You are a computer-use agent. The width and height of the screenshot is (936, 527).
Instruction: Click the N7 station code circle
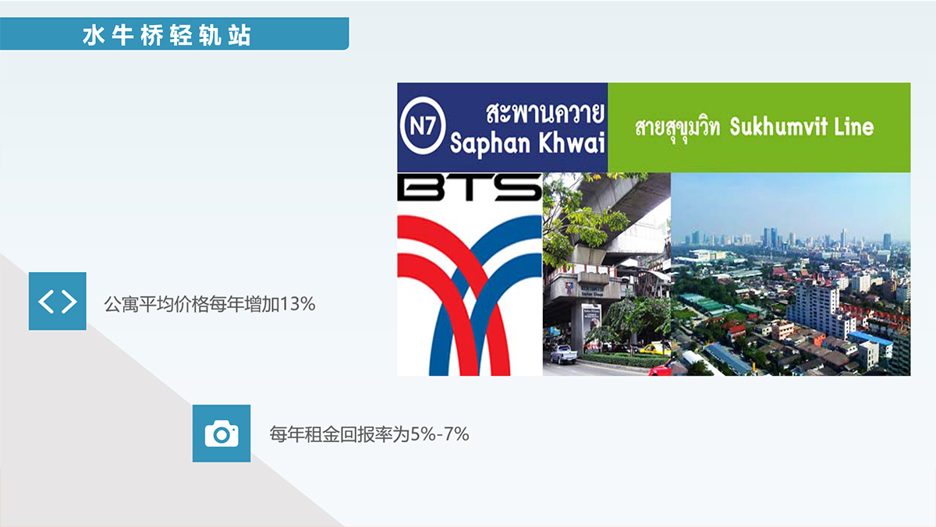click(x=423, y=126)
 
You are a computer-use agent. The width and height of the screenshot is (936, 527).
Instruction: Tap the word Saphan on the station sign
click(x=490, y=143)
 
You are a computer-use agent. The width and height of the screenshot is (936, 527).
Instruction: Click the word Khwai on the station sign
click(x=571, y=142)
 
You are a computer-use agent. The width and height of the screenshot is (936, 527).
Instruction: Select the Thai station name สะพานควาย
click(x=545, y=112)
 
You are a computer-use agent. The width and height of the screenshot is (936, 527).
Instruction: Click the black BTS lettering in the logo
click(x=470, y=188)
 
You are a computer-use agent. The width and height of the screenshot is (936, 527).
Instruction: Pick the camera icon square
click(x=222, y=433)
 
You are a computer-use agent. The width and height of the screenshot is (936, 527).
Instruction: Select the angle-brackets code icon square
click(x=58, y=301)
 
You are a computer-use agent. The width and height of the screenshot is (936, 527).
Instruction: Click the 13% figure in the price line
click(x=297, y=304)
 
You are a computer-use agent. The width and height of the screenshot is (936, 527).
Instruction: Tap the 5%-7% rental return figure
click(x=440, y=434)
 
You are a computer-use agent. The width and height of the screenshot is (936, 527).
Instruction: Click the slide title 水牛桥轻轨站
click(x=167, y=35)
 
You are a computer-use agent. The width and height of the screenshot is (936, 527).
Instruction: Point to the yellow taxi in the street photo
click(x=654, y=348)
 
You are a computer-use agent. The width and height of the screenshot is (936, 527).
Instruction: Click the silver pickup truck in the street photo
click(x=563, y=354)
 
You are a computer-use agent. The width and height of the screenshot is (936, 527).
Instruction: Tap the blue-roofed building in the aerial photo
click(x=870, y=338)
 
